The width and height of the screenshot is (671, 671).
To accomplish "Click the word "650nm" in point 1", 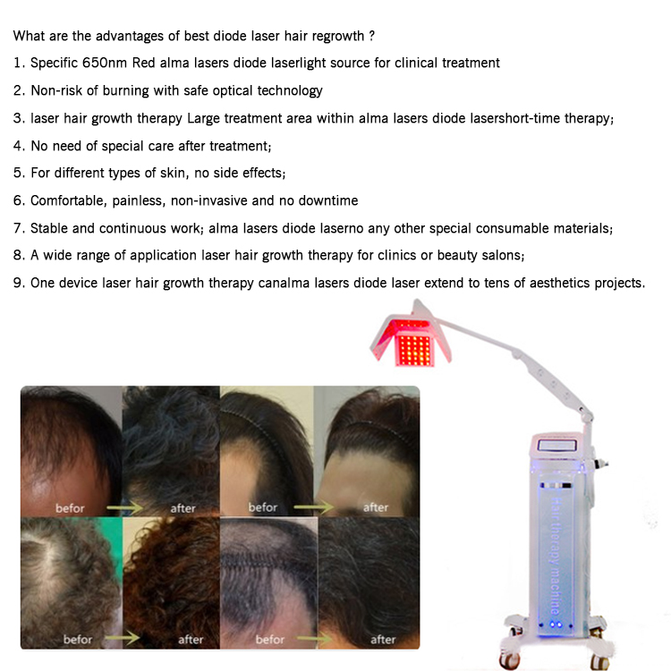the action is [105, 63].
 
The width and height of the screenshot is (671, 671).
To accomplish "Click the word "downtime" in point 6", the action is [328, 200].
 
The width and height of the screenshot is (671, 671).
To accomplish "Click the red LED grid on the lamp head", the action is [414, 349].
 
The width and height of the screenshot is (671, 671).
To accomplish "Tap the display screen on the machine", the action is [556, 446].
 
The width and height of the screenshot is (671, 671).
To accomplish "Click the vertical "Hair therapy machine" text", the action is [555, 556].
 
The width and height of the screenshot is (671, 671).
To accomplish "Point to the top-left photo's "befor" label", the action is [70, 508].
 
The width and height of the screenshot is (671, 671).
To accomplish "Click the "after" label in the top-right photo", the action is [376, 507].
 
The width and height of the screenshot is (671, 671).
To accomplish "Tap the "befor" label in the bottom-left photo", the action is [78, 640].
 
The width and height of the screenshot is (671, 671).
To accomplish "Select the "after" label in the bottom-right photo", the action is [383, 640].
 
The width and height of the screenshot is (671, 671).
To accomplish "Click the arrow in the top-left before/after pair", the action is [125, 508].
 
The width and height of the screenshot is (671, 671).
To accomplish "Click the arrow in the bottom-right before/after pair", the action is [315, 639].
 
